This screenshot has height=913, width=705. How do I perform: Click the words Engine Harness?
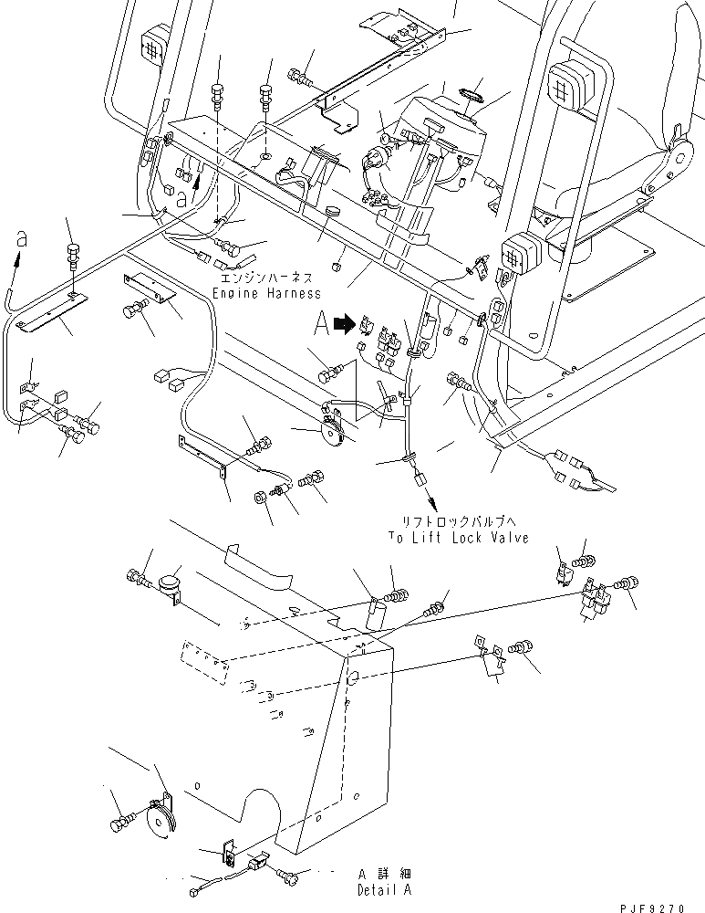click(266, 293)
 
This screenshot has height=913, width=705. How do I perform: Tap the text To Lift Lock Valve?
click(459, 537)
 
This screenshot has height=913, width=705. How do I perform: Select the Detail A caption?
click(385, 889)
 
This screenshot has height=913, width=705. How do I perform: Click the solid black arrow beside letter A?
click(346, 324)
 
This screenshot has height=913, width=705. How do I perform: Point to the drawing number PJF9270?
click(652, 908)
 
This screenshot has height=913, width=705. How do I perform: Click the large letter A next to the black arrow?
click(322, 323)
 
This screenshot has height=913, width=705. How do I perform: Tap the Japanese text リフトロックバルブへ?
click(459, 521)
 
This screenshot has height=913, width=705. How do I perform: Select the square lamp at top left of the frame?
click(153, 42)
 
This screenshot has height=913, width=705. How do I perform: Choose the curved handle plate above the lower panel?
click(258, 566)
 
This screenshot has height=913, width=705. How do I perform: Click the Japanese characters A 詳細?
click(385, 874)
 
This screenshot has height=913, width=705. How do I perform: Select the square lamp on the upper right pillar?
click(569, 87)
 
